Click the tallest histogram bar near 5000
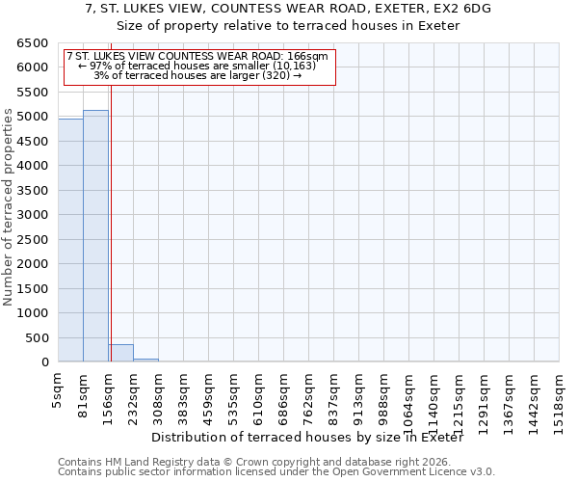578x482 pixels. click(95, 236)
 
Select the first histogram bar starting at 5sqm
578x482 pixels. click(70, 240)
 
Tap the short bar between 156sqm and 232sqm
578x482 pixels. click(120, 353)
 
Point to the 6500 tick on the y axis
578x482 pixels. click(32, 43)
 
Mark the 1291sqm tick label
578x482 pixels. click(484, 393)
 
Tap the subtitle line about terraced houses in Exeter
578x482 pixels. click(288, 25)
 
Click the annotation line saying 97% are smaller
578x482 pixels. click(198, 67)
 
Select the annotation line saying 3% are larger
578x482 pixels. click(198, 75)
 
